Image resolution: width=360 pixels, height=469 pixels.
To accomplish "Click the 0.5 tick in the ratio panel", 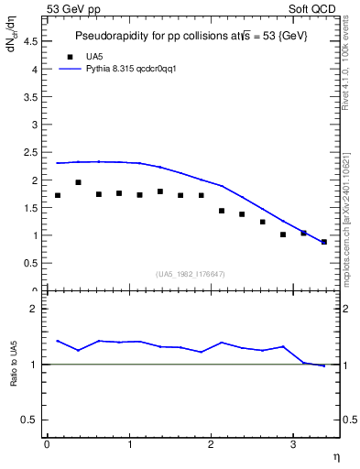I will click(31, 420).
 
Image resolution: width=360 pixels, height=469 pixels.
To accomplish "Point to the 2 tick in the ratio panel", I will click(35, 309).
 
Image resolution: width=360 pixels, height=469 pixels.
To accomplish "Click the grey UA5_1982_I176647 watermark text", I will click(190, 274).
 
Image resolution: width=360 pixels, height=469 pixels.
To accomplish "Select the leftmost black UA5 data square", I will click(58, 195).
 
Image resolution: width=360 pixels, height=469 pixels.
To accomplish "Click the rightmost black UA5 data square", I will click(324, 242).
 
